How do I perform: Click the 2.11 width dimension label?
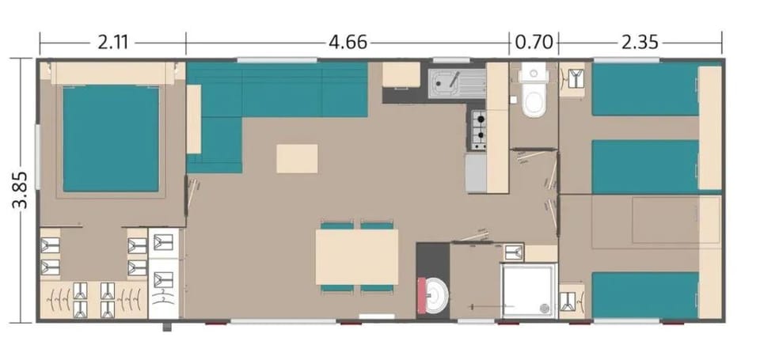coord(112,43)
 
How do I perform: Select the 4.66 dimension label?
coord(348,43)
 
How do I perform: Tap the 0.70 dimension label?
coord(534,43)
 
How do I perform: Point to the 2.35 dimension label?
coord(640,43)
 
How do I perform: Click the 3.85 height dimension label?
coord(21,190)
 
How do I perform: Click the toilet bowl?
coord(534,102)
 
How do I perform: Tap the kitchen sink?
coord(457,83)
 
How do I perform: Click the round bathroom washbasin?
coord(439,294)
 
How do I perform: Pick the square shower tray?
coord(530,291)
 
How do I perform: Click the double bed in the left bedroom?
coord(111,138)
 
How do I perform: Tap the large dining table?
coord(357,257)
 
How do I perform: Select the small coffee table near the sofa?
coord(297,158)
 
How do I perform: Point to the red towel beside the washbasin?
coord(422,294)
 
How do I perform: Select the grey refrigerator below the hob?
coord(476,173)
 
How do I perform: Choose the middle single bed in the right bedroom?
coord(645,167)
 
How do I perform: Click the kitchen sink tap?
coord(454,80)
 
